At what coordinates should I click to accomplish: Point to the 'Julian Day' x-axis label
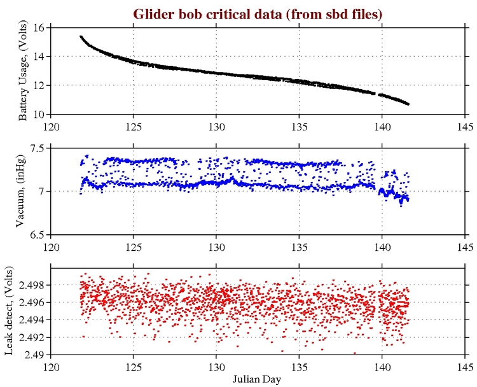(x=258, y=378)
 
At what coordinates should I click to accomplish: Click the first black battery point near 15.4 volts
(x=81, y=37)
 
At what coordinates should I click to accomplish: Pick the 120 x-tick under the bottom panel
(x=52, y=366)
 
